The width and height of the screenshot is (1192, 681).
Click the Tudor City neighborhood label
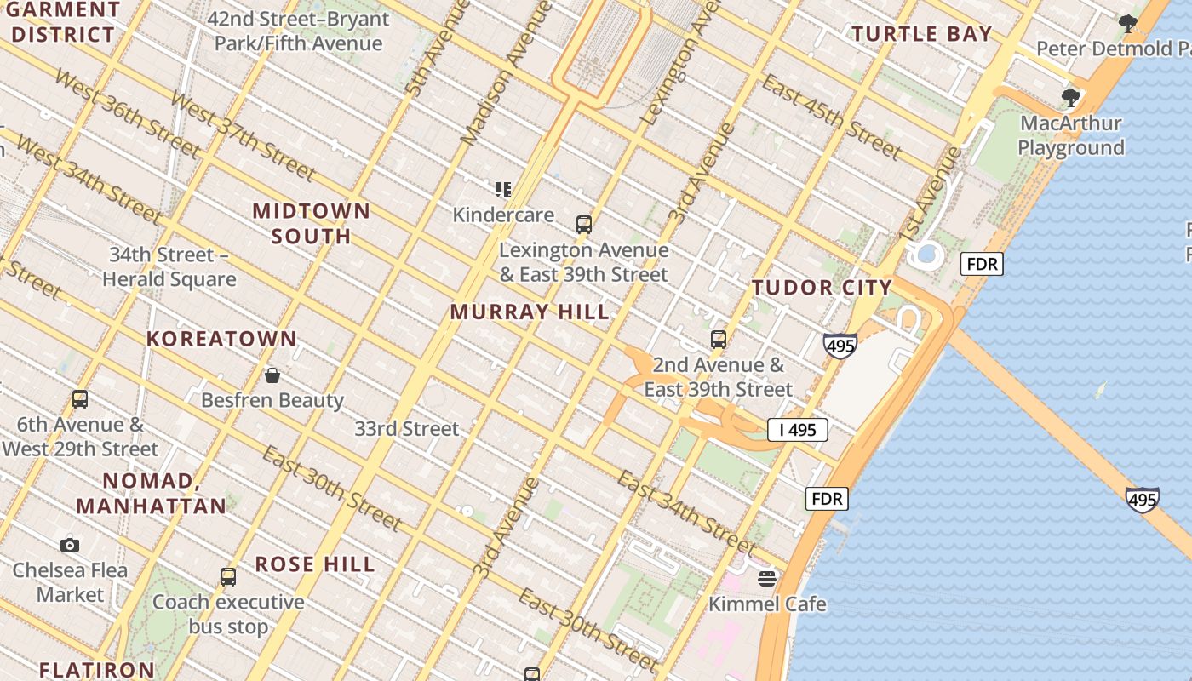point(822,288)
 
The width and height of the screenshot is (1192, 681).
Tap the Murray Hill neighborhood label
point(530,312)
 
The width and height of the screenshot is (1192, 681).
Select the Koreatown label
point(221,339)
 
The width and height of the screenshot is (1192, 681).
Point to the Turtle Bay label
point(922,34)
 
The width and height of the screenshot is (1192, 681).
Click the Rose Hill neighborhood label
point(315,564)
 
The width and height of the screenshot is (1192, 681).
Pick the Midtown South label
point(312,223)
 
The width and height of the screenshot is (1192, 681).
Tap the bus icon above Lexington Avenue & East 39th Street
point(583,225)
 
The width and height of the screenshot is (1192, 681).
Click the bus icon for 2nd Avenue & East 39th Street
point(718,340)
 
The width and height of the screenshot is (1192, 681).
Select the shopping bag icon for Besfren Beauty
point(272,375)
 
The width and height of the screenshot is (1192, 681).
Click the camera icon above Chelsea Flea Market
point(70,545)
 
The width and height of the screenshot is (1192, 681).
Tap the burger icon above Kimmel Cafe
point(767,579)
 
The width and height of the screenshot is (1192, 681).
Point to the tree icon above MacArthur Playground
point(1070,97)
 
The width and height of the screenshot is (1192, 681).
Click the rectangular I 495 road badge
point(798,430)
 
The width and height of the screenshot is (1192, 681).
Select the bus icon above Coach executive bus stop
point(227,576)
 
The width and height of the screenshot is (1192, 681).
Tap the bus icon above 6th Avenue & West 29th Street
point(80,398)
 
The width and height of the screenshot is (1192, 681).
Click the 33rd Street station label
point(407,428)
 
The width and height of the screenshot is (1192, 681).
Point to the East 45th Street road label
point(830,117)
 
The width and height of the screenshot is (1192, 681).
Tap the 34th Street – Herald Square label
point(169,266)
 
